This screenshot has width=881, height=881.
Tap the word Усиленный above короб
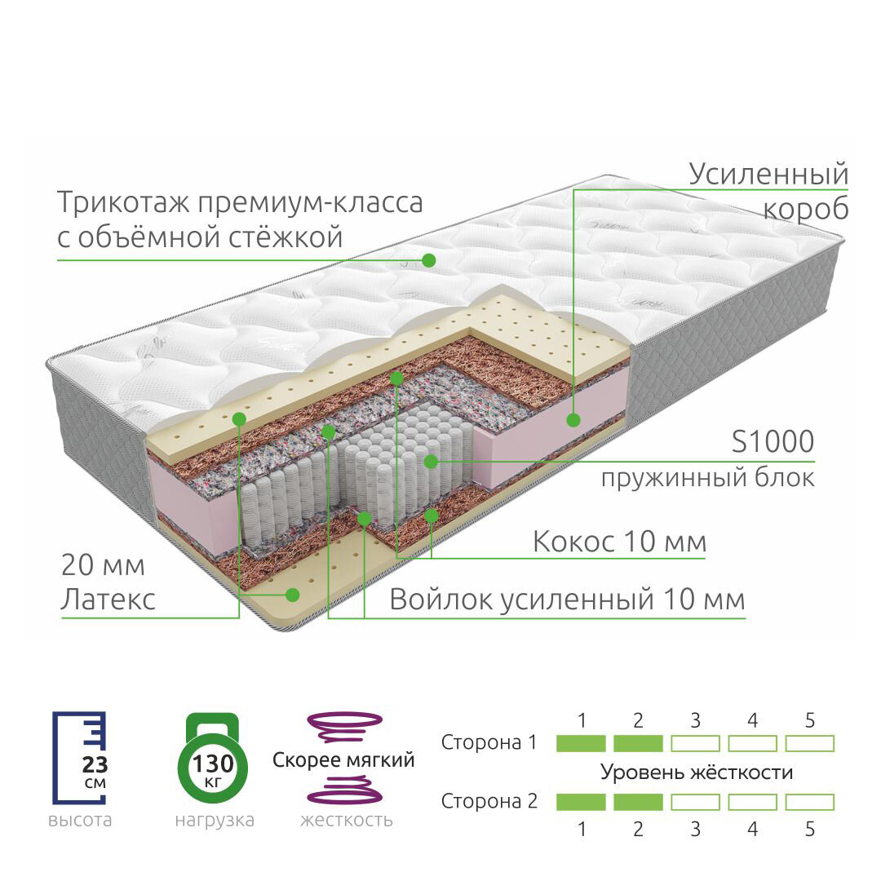point(768,174)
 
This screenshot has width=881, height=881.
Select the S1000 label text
point(772,441)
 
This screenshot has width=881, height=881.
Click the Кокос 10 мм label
point(620,541)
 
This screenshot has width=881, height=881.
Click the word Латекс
point(108,600)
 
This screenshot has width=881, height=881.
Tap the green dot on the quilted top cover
point(428,260)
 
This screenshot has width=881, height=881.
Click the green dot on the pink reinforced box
point(573,419)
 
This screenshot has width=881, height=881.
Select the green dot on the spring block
point(431,462)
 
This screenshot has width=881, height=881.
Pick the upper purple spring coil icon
point(343,727)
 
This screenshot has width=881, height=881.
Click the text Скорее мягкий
point(343,760)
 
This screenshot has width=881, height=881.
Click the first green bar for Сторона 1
point(581,743)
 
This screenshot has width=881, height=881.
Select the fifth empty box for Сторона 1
point(809,743)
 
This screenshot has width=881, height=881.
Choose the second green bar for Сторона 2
point(638,802)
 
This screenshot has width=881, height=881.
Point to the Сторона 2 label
point(489,801)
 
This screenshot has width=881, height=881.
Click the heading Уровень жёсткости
point(697,772)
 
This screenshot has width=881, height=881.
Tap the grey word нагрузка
point(215,820)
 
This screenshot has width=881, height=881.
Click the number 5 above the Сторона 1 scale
point(809,720)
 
